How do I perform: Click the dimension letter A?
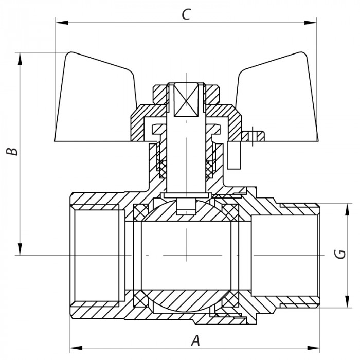[x=195, y=340]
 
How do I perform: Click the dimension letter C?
[x=186, y=14]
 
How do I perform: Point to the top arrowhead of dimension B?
[x=21, y=58]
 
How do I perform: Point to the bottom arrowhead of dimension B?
[x=21, y=249]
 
